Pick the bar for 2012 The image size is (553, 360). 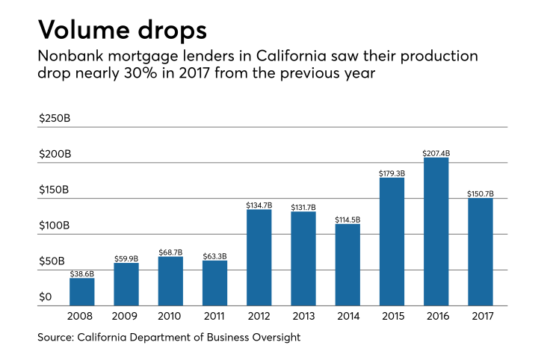point(259,258)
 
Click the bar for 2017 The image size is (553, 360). point(480,252)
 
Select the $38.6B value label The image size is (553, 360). point(82,273)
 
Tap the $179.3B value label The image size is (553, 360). point(392,173)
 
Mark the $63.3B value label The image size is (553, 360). point(214,256)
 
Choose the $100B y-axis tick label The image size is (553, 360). point(55,226)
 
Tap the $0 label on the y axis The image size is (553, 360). point(46,297)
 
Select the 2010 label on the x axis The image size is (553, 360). point(170,317)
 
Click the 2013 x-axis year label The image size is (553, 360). point(303,317)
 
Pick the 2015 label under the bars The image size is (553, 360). point(392,317)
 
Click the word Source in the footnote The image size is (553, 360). point(56,338)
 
